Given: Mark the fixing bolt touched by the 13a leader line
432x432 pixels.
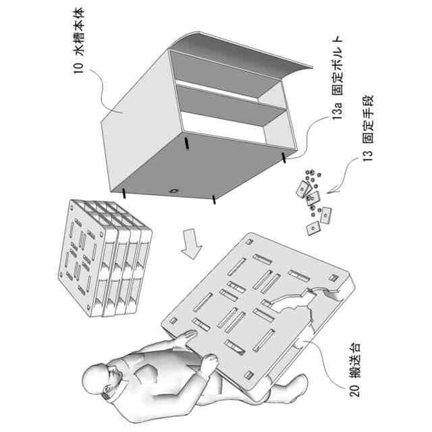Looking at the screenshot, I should coord(283,157).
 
